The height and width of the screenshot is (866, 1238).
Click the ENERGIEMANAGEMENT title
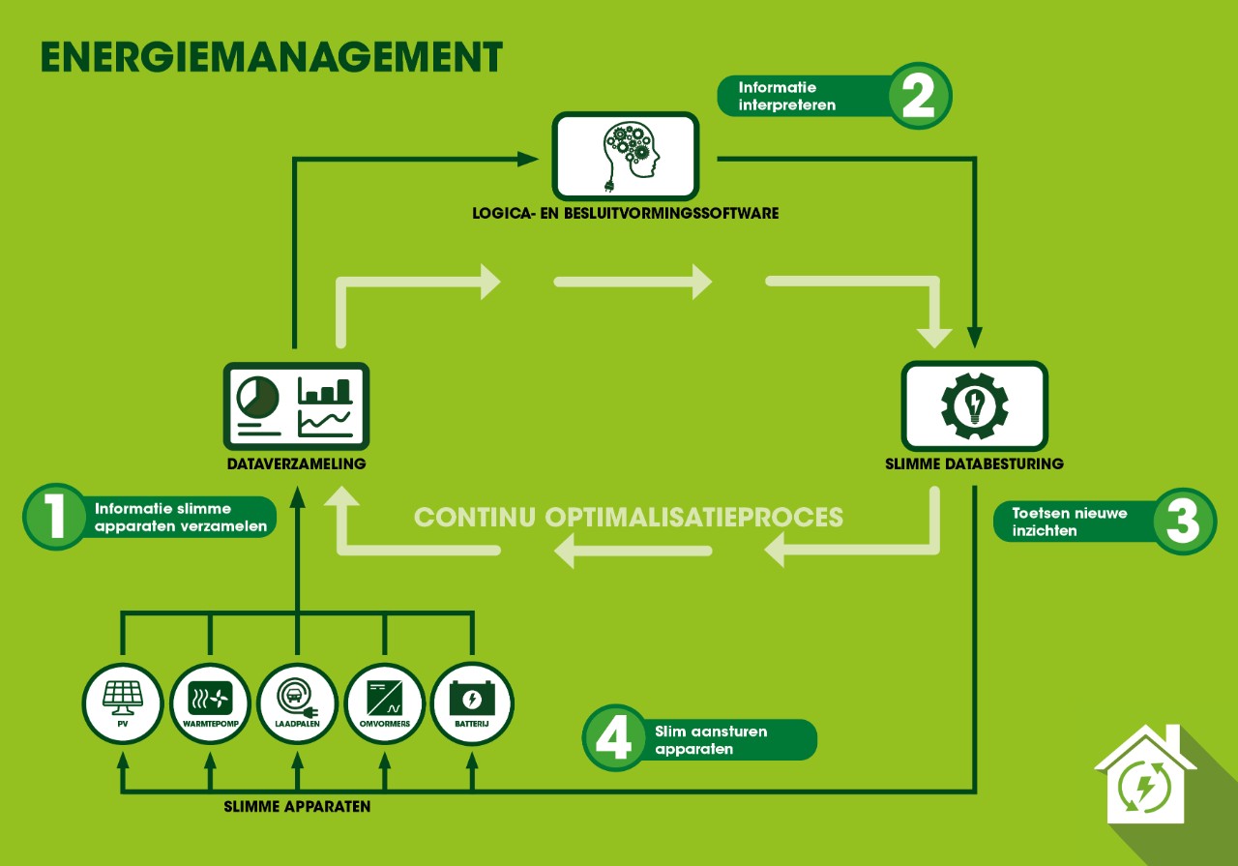[x=272, y=57]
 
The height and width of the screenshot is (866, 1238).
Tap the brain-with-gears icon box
[x=625, y=155]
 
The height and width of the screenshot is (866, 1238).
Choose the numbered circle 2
[x=919, y=96]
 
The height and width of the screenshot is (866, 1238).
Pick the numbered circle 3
[x=1184, y=522]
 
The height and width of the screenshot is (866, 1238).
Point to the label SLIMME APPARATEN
[x=297, y=806]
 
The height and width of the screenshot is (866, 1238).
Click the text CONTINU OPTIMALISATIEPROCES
[x=629, y=517]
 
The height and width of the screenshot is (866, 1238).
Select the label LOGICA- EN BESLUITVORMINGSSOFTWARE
[x=625, y=213]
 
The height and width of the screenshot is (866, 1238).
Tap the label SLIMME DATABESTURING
[x=974, y=464]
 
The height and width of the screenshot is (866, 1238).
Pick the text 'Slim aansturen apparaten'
[x=711, y=740]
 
